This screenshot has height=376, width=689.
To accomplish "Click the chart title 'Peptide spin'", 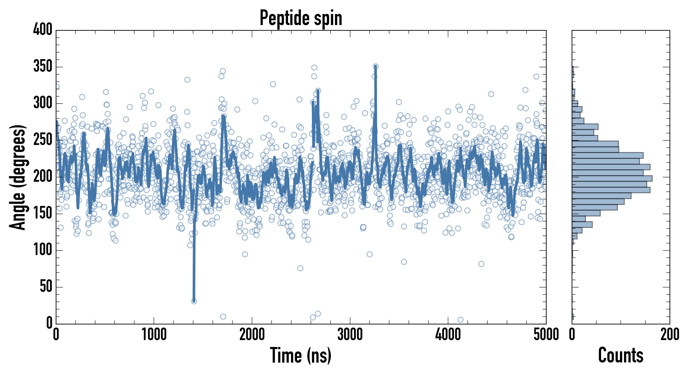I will pos(301,18).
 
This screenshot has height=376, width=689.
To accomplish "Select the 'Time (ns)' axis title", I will pos(301,355).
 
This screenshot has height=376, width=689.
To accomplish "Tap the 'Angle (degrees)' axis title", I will pos(18,177).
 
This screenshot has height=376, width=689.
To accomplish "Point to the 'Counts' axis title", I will pos(621,355).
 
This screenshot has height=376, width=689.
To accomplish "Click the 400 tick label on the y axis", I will pos(43,29).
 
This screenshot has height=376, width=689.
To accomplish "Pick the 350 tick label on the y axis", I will pos(43,66).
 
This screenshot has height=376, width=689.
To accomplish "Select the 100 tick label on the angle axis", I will pos(43,250).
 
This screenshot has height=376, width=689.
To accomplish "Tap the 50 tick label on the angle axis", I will pos(46,287).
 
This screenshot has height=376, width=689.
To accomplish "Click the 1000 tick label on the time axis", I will pos(154,334).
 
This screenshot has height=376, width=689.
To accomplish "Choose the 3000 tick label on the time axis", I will pos(350,334).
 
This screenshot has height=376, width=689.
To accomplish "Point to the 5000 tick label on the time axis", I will pos(546,334).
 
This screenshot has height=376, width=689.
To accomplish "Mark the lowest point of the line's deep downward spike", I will pos(194,301).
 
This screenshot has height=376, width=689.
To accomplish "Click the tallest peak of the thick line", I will pos(376,67).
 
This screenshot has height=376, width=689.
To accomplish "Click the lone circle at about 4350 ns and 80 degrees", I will pos(481,264).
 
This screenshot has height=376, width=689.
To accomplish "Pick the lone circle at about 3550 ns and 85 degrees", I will pos(404,262).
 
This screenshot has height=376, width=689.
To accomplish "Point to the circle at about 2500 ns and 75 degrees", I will pos(300,268).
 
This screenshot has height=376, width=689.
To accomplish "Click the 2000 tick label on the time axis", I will pos(252,334).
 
